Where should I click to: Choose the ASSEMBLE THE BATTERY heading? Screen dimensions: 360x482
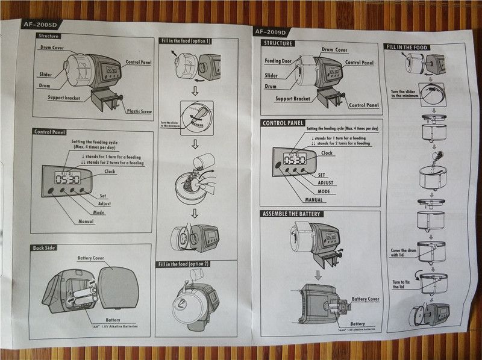(x=292, y=214)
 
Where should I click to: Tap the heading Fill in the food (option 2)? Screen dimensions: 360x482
(x=184, y=264)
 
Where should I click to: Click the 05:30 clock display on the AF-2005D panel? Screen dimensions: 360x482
(x=67, y=179)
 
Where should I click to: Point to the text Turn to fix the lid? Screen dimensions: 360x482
(x=401, y=284)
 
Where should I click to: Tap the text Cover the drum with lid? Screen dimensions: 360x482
(x=404, y=253)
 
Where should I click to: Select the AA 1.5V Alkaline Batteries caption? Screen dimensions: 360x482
(x=111, y=327)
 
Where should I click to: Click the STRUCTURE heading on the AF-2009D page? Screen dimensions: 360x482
(x=278, y=43)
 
